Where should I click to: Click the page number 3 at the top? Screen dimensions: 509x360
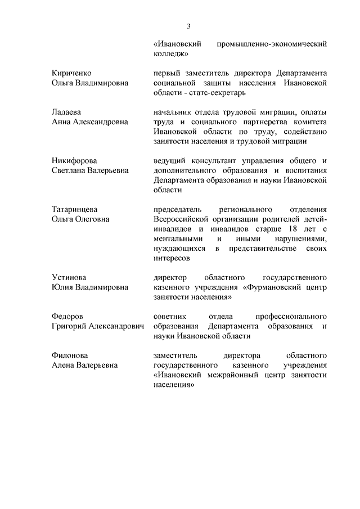click(190, 26)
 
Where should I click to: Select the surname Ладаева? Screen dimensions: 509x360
click(66, 112)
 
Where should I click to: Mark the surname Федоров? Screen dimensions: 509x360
click(66, 317)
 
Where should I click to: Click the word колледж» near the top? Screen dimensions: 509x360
click(170, 53)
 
